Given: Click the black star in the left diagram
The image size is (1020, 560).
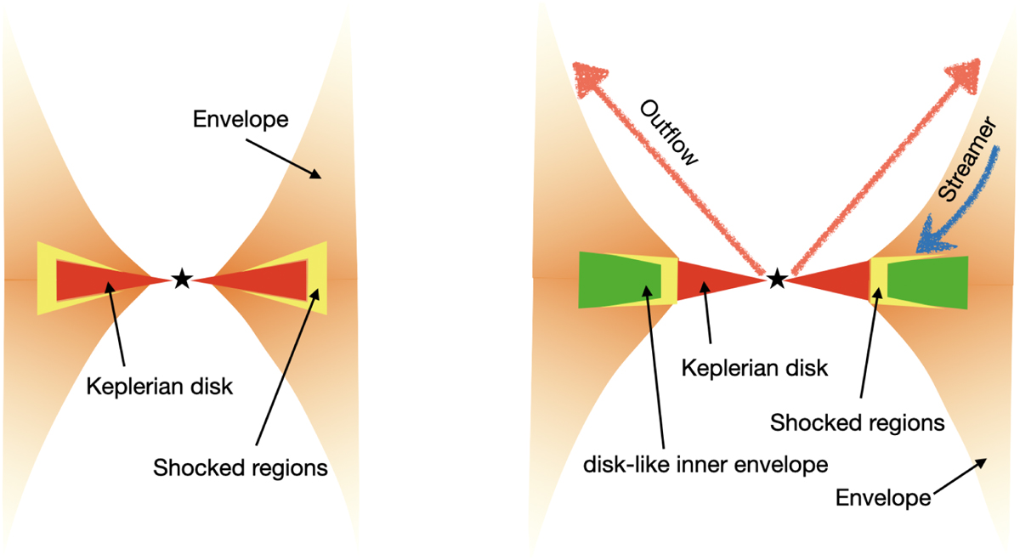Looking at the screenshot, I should (x=181, y=278).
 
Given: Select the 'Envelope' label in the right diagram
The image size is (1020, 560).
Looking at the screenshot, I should (x=883, y=497).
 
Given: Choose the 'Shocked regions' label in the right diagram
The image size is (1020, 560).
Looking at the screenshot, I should (x=857, y=422).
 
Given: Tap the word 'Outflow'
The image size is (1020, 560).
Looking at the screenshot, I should (x=668, y=134).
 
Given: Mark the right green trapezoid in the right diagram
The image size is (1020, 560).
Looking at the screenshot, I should (x=926, y=280).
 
